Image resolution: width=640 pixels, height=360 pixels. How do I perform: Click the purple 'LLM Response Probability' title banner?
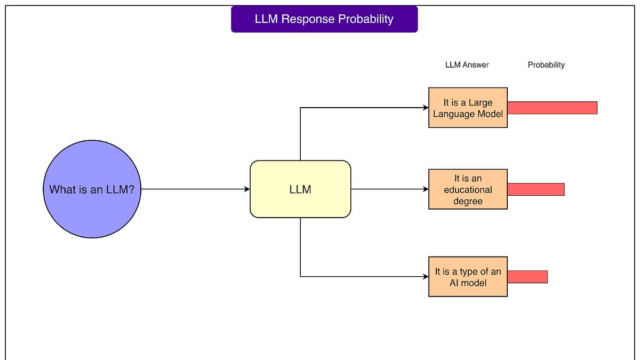(324, 19)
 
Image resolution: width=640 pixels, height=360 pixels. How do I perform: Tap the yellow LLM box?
(300, 189)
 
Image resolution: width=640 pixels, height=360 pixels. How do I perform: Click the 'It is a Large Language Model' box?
(468, 108)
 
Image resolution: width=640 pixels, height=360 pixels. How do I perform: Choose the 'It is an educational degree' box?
(468, 189)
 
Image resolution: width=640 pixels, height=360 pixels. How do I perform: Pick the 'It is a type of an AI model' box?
(468, 277)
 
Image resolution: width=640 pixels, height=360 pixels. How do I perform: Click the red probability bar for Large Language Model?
(552, 108)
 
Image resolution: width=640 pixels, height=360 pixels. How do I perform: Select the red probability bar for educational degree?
(535, 189)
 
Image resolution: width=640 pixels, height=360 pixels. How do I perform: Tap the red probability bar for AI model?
(527, 277)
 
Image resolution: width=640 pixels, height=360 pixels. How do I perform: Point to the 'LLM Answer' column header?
(467, 65)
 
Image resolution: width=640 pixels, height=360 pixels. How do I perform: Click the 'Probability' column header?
(546, 65)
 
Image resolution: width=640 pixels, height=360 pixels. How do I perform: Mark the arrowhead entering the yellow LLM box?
(247, 189)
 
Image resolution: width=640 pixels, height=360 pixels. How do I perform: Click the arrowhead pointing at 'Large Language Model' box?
(426, 108)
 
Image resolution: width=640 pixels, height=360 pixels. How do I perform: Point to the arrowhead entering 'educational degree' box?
(426, 189)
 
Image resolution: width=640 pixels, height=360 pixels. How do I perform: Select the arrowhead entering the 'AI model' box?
(426, 277)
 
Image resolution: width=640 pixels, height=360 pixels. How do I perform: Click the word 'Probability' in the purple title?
(367, 19)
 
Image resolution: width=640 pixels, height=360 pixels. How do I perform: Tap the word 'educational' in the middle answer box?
(468, 190)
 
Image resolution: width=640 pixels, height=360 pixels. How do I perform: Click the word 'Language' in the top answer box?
(453, 114)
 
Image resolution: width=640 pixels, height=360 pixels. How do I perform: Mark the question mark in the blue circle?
(131, 189)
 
